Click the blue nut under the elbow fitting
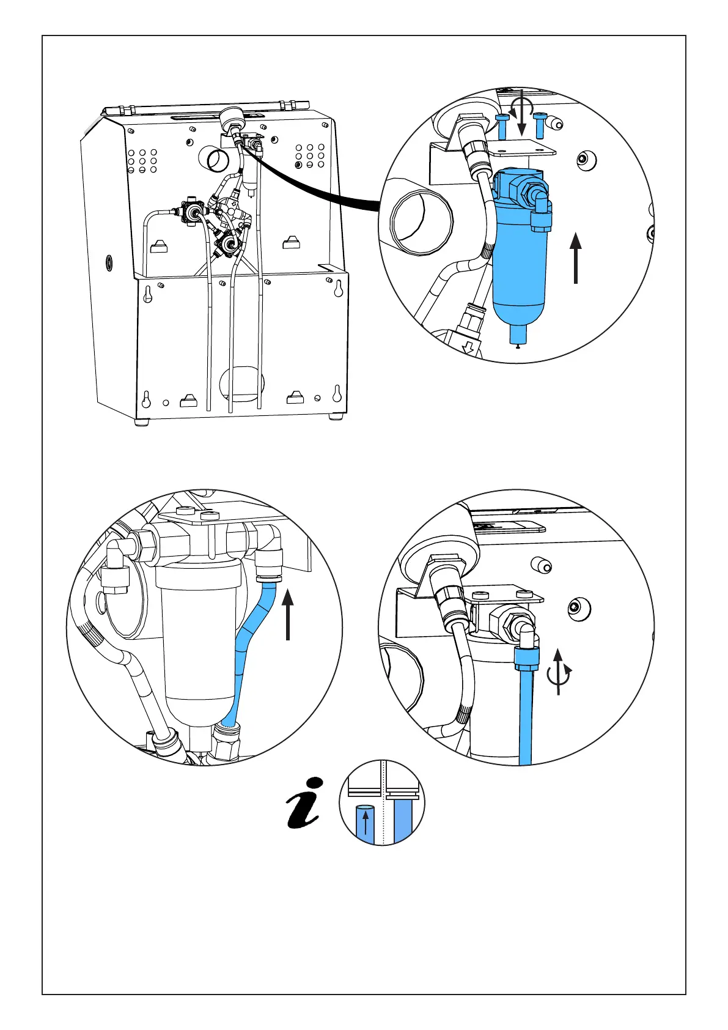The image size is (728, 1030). pos(526,659)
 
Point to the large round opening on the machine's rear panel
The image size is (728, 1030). pos(217,160)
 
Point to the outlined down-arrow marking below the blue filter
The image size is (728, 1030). pos(469,348)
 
